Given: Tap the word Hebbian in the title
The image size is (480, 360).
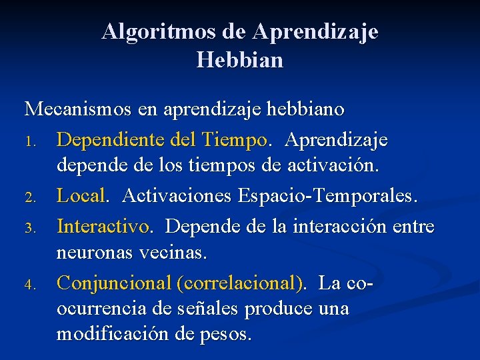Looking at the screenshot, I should [240, 61].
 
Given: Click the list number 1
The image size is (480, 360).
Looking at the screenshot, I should [29, 142].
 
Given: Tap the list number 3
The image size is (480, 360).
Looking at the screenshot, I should [29, 228].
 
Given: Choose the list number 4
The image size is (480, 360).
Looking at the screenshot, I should [29, 285].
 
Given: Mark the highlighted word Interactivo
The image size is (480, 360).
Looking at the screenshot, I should [103, 227].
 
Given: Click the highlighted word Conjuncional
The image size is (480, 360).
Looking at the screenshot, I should [113, 284].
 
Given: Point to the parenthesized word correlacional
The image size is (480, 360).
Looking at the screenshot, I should [240, 284].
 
